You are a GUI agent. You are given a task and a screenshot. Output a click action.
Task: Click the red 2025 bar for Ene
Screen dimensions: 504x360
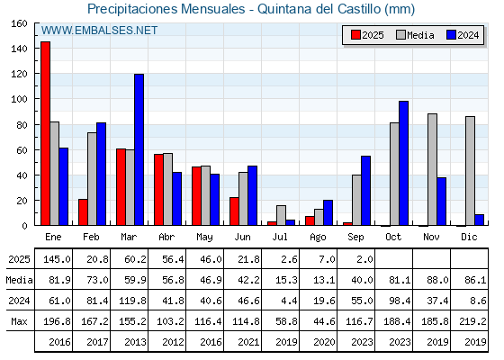(x=45, y=133)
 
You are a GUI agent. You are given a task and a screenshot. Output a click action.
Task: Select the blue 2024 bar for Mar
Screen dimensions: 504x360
(x=139, y=149)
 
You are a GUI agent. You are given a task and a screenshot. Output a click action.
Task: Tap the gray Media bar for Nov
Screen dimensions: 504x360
(x=432, y=169)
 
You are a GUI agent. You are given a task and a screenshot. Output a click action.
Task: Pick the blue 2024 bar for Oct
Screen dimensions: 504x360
(x=404, y=163)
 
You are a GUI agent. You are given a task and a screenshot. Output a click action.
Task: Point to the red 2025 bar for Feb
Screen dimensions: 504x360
(x=83, y=212)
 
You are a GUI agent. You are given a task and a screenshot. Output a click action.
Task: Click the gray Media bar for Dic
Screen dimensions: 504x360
(x=470, y=171)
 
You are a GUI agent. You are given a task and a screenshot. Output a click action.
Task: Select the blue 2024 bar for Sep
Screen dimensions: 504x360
(x=365, y=191)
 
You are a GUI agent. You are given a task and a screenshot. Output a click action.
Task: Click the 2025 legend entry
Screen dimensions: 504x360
(x=367, y=35)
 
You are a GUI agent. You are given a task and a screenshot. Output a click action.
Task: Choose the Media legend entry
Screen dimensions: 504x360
(x=415, y=35)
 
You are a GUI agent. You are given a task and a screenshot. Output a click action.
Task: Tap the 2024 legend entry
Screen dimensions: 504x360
(x=463, y=35)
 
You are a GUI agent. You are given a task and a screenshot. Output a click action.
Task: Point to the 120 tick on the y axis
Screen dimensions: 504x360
(x=19, y=74)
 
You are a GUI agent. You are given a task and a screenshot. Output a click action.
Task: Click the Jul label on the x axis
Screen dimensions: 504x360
(x=280, y=238)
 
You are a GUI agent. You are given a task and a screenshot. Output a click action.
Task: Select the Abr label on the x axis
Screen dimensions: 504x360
(x=166, y=238)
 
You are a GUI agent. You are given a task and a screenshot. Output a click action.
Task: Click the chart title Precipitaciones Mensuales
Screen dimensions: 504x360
(x=166, y=9)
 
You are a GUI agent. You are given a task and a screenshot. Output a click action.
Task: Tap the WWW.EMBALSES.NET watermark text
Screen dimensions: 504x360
(x=99, y=31)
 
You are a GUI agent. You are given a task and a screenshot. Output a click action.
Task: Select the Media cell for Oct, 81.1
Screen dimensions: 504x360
(x=400, y=280)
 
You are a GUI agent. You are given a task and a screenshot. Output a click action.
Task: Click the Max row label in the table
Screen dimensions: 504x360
(x=19, y=321)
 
